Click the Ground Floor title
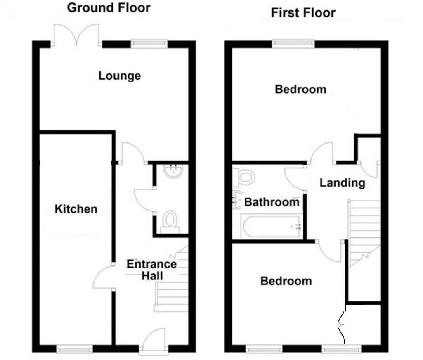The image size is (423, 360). click(x=109, y=7)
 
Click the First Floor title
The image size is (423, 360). click(x=303, y=12)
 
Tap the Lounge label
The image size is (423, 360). click(x=120, y=76)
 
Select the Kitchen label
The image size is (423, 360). click(x=76, y=209)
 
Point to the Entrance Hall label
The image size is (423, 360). click(x=151, y=270)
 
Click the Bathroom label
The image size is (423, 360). click(x=272, y=202)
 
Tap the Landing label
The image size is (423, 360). click(x=342, y=182)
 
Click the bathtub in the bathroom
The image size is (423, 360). click(x=270, y=227)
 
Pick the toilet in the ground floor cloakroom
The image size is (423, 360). click(x=170, y=220)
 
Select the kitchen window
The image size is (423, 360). click(x=74, y=349)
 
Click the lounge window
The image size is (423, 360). click(x=149, y=42)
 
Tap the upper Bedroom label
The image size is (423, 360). click(x=300, y=89)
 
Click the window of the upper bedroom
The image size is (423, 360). click(x=293, y=42)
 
